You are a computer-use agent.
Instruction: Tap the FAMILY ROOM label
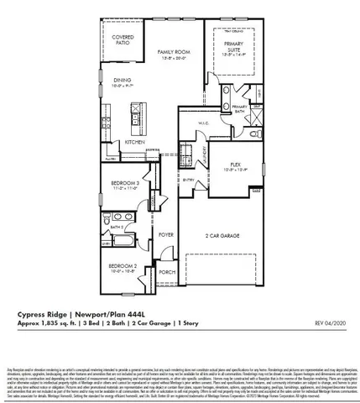tap(174, 52)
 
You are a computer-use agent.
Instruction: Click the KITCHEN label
tap(135, 142)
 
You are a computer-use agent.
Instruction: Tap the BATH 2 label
tap(118, 227)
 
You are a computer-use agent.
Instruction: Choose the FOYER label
tap(164, 234)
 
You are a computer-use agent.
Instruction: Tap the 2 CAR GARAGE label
tap(222, 237)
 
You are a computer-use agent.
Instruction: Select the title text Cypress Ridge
tap(40, 315)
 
